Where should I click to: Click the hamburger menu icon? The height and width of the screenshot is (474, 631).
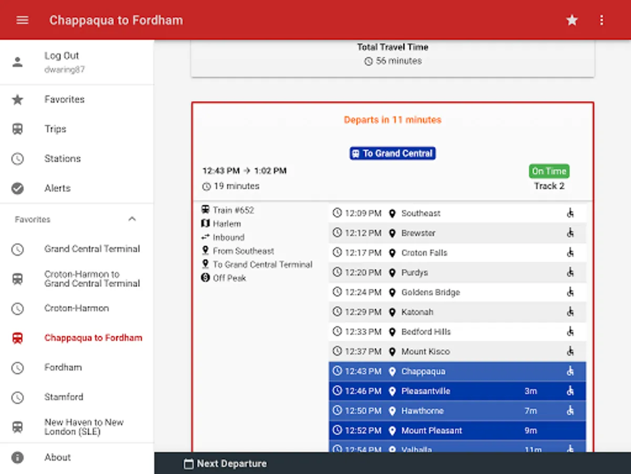click(x=22, y=20)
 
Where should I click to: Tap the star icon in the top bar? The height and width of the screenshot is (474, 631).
click(x=572, y=20)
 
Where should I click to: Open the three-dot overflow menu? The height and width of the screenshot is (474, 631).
click(x=602, y=20)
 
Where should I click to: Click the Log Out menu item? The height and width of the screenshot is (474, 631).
click(x=62, y=56)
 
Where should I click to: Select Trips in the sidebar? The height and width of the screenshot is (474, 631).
click(x=55, y=129)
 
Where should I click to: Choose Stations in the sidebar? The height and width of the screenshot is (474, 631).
click(x=62, y=159)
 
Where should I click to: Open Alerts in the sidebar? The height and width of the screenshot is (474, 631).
click(x=57, y=188)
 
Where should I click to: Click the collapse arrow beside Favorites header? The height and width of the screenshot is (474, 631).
click(x=132, y=219)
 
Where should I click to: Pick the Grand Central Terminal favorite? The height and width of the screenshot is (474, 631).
click(x=92, y=249)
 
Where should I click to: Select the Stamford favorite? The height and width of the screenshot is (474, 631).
click(x=64, y=397)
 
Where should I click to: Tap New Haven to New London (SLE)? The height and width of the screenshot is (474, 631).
click(x=84, y=427)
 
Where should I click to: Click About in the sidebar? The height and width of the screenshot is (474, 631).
click(x=57, y=457)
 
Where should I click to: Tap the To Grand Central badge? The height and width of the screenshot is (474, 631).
click(x=392, y=153)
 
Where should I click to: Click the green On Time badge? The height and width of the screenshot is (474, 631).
click(x=549, y=171)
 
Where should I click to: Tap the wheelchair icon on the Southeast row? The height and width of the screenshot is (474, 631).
click(x=570, y=213)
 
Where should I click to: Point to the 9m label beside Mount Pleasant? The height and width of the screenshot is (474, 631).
click(x=531, y=430)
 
